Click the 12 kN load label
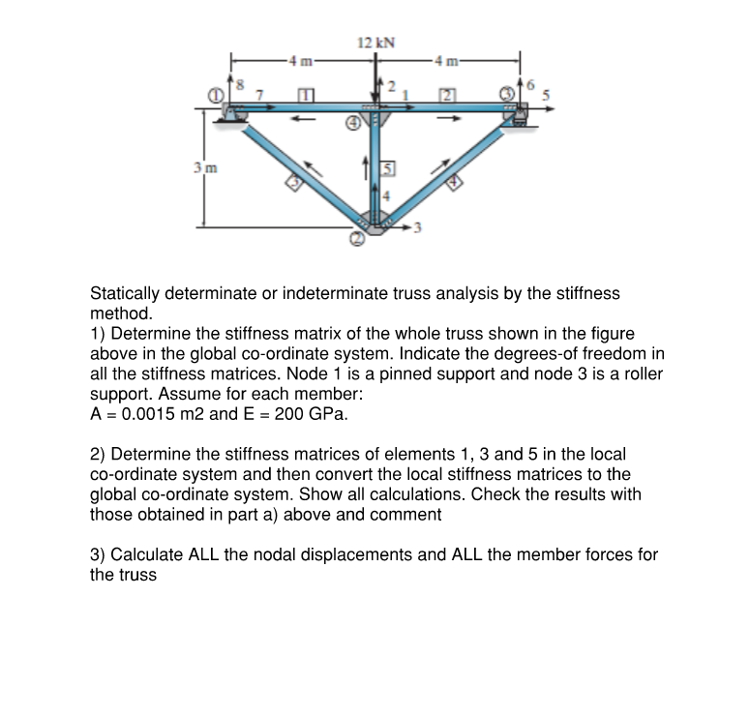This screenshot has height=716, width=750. [375, 43]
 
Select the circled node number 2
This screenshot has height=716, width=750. [357, 239]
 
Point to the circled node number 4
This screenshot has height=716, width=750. [354, 124]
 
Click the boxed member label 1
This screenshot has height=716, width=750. [307, 94]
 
